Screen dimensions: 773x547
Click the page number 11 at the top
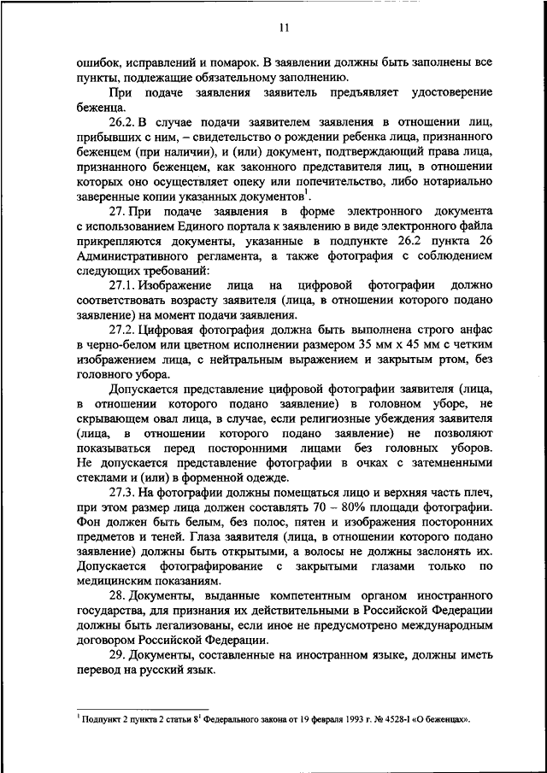tap(285, 27)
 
